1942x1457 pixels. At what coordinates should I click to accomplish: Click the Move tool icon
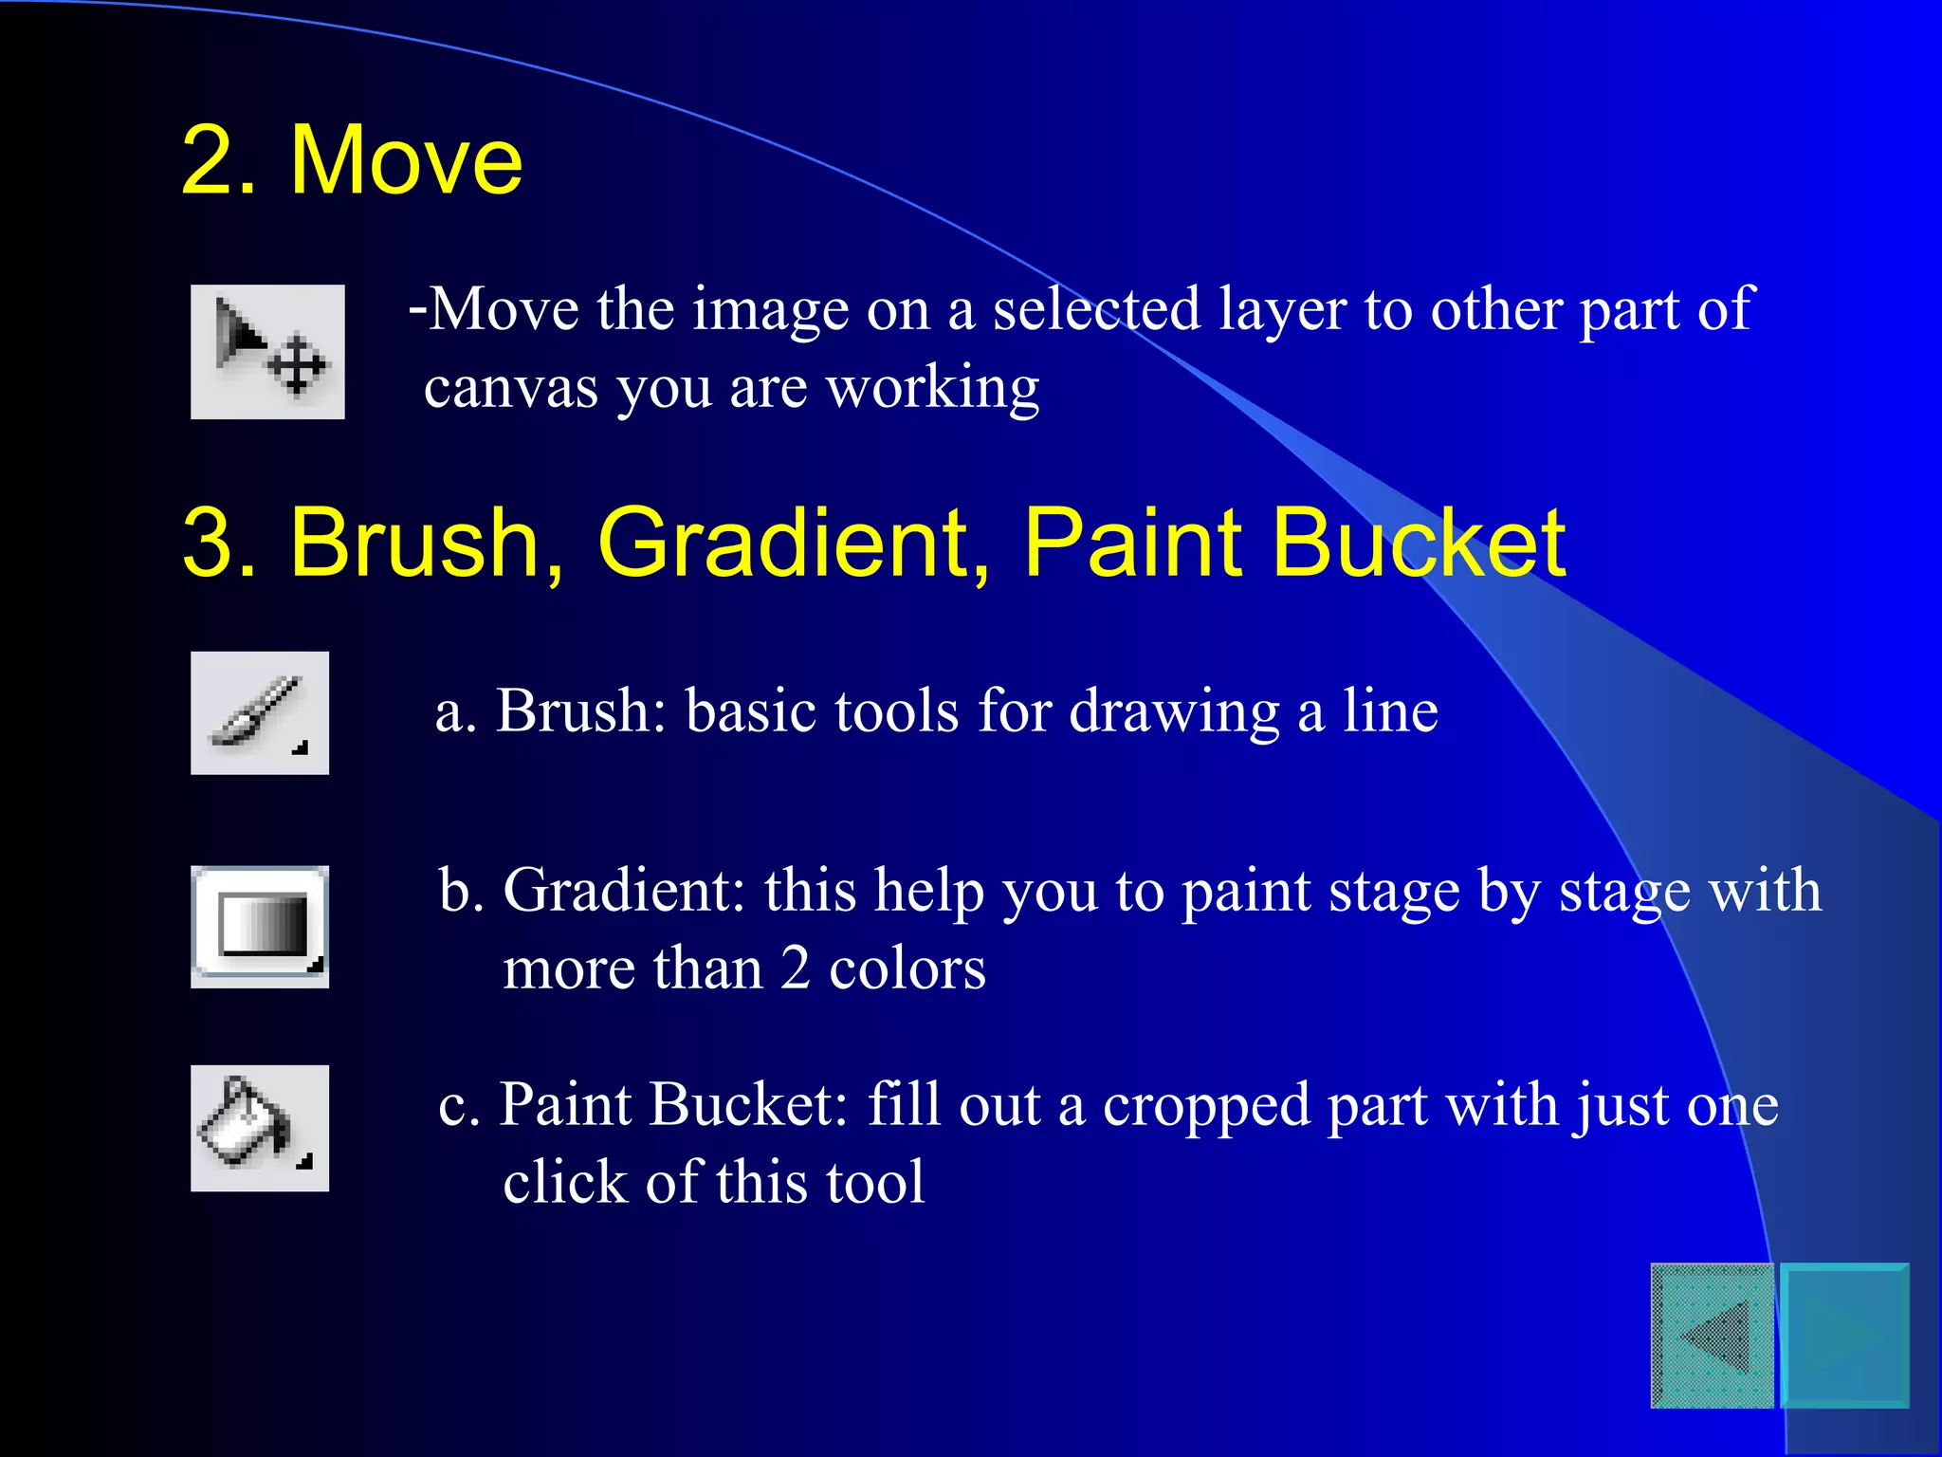267,352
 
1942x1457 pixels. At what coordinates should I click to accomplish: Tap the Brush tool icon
260,713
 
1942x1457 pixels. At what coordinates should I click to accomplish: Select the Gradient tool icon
260,927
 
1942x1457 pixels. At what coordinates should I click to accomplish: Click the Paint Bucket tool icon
260,1128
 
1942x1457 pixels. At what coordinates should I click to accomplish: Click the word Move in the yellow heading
406,161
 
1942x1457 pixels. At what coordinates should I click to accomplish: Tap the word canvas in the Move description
511,388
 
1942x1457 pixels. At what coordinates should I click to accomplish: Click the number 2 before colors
796,968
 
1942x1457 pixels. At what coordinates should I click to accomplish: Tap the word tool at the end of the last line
874,1183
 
